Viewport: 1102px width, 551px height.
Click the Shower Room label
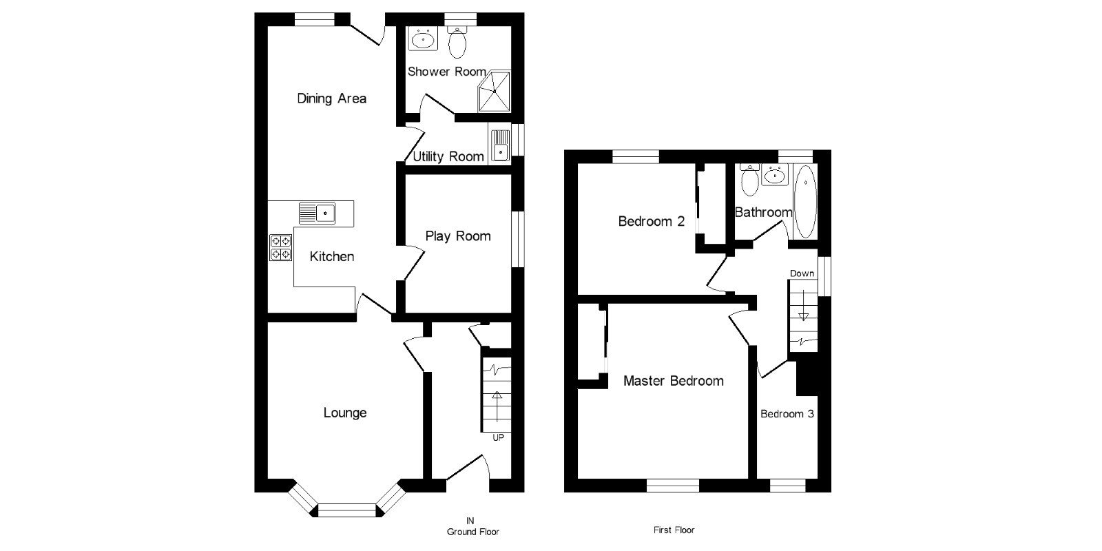pyautogui.click(x=446, y=72)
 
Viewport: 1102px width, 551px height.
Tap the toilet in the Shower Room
pyautogui.click(x=457, y=43)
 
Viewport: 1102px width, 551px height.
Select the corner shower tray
pyautogui.click(x=495, y=91)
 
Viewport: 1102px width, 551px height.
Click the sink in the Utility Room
pyautogui.click(x=499, y=145)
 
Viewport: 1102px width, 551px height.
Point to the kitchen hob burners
pyautogui.click(x=281, y=248)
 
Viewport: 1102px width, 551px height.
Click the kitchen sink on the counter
pyautogui.click(x=317, y=213)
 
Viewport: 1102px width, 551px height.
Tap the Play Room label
pyautogui.click(x=458, y=237)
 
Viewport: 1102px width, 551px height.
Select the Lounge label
pyautogui.click(x=345, y=413)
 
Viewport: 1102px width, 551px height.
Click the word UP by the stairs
pyautogui.click(x=498, y=437)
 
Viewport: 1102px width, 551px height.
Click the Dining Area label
pyautogui.click(x=331, y=98)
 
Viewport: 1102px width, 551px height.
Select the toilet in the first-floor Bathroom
pyautogui.click(x=749, y=180)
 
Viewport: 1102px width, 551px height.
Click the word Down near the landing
pyautogui.click(x=802, y=273)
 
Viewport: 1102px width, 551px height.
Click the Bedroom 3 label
pyautogui.click(x=787, y=414)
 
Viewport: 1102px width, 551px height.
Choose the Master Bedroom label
pyautogui.click(x=673, y=381)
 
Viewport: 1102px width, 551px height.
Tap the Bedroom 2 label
pyautogui.click(x=651, y=222)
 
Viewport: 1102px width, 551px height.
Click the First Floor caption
pyautogui.click(x=674, y=530)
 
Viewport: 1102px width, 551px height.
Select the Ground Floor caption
pyautogui.click(x=472, y=532)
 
